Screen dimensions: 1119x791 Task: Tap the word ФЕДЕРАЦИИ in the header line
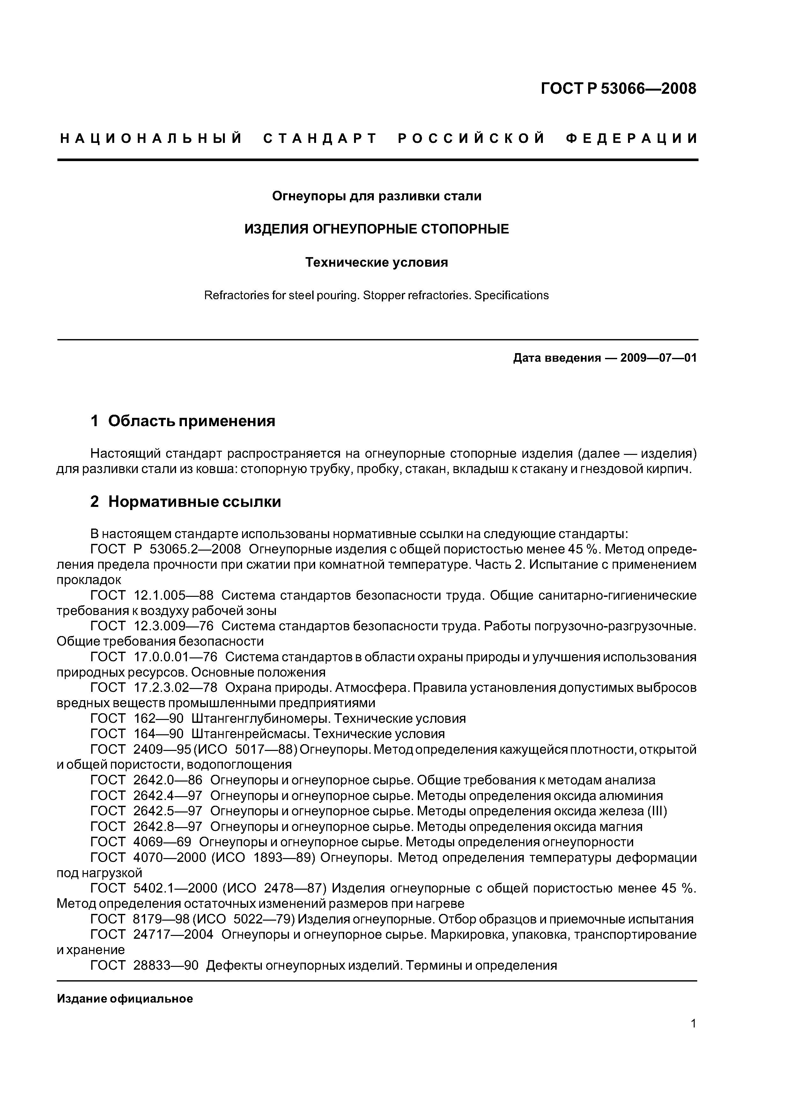point(631,138)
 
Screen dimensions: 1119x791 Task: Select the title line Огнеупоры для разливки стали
point(376,196)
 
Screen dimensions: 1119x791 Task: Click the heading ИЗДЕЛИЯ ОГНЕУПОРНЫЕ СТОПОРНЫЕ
point(376,229)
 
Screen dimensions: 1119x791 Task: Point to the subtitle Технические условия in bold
point(376,262)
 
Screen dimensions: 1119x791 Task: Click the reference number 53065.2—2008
point(195,549)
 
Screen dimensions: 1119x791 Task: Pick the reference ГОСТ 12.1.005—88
point(152,595)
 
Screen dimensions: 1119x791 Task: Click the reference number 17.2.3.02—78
point(175,688)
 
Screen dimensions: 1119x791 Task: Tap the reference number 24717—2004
point(173,934)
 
